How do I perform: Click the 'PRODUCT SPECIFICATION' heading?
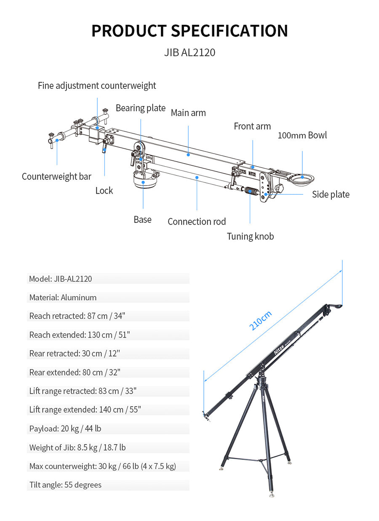tap(189, 31)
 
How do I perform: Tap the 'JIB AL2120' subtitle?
tap(189, 53)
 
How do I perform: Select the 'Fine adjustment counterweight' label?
tap(97, 86)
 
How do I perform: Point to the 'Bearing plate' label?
tap(141, 108)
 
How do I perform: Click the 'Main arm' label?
tap(188, 113)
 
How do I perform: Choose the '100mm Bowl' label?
tap(302, 135)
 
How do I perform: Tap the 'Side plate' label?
tap(331, 194)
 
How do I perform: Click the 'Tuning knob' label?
tap(250, 237)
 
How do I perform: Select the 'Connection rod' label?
tap(197, 222)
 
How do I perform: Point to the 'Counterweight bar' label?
tap(56, 177)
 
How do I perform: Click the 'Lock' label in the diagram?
tap(104, 191)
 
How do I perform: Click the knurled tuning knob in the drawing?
tap(252, 191)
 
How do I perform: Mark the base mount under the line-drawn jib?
tap(144, 181)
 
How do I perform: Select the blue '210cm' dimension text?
tap(261, 321)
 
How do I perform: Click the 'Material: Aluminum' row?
tap(63, 298)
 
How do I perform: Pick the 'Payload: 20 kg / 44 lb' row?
tap(65, 429)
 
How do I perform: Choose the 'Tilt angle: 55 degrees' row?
tap(66, 485)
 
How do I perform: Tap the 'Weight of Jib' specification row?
tap(77, 447)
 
